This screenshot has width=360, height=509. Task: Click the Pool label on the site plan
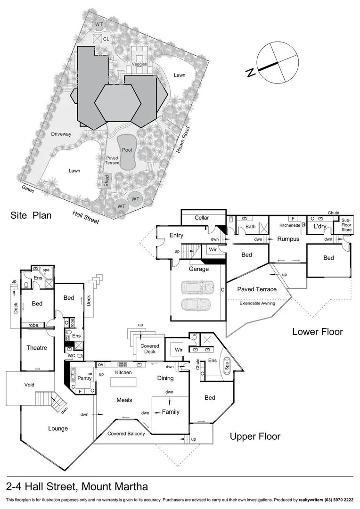point(127,150)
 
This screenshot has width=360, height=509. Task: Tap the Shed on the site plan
point(106,181)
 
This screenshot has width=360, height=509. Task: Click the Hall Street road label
point(86,217)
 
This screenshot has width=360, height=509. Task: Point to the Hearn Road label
point(183,140)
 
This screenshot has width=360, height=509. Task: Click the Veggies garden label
point(139,64)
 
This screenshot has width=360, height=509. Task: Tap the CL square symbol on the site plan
point(98,38)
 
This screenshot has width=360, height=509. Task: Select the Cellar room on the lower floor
point(202,218)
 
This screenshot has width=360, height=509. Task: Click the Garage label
point(199,269)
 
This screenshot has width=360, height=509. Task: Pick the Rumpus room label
point(288,239)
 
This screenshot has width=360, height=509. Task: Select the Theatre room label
point(37,348)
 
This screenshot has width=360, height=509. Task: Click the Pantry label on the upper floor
point(85,378)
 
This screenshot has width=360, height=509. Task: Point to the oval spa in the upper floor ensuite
point(228,366)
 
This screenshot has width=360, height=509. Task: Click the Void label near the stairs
point(29,385)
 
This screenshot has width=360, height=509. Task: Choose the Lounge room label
point(58,428)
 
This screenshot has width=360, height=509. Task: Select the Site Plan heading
point(31,216)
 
